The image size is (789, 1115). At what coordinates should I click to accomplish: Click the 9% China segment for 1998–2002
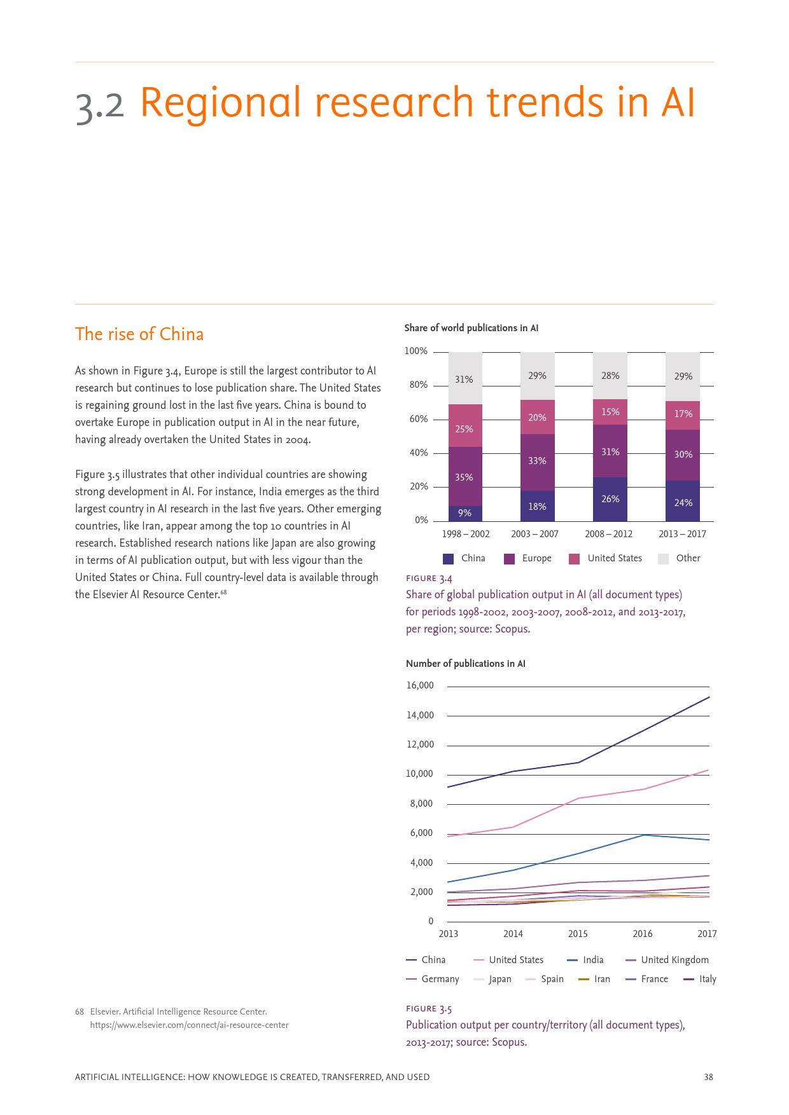pyautogui.click(x=465, y=513)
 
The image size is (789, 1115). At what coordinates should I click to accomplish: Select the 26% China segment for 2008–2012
pyautogui.click(x=610, y=499)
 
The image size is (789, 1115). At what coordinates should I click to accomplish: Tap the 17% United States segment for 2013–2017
pyautogui.click(x=683, y=414)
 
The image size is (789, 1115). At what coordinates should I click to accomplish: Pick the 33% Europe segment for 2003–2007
pyautogui.click(x=537, y=461)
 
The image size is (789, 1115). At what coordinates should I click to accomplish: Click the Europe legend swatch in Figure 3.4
pyautogui.click(x=509, y=559)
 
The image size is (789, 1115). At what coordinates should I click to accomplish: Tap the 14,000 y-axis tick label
pyautogui.click(x=420, y=715)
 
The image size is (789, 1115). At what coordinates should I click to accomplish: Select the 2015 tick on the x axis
pyautogui.click(x=578, y=934)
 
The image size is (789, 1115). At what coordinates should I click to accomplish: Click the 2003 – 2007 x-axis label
pyautogui.click(x=534, y=534)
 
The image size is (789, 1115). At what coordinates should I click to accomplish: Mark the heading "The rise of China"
pyautogui.click(x=139, y=334)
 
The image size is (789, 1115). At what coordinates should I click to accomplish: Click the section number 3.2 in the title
pyautogui.click(x=100, y=105)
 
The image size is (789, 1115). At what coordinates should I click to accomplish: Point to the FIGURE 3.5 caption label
pyautogui.click(x=429, y=1009)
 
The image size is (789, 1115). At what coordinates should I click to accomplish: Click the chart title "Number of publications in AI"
pyautogui.click(x=466, y=664)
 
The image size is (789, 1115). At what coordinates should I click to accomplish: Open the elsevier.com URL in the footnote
pyautogui.click(x=189, y=1025)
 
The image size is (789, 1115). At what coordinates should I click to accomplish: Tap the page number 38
pyautogui.click(x=708, y=1077)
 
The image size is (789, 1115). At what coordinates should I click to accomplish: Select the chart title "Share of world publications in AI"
pyautogui.click(x=471, y=328)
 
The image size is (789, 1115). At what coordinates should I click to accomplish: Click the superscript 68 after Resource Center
pyautogui.click(x=224, y=593)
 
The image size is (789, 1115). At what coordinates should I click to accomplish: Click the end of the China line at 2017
pyautogui.click(x=709, y=697)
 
